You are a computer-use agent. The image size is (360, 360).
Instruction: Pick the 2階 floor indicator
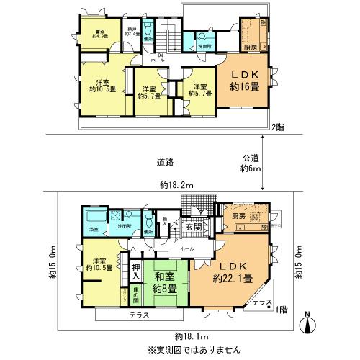pos(278,127)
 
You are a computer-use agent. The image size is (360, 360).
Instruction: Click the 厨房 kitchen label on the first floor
pos(240,215)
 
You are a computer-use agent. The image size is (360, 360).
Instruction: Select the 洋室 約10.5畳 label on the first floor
pos(94,265)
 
